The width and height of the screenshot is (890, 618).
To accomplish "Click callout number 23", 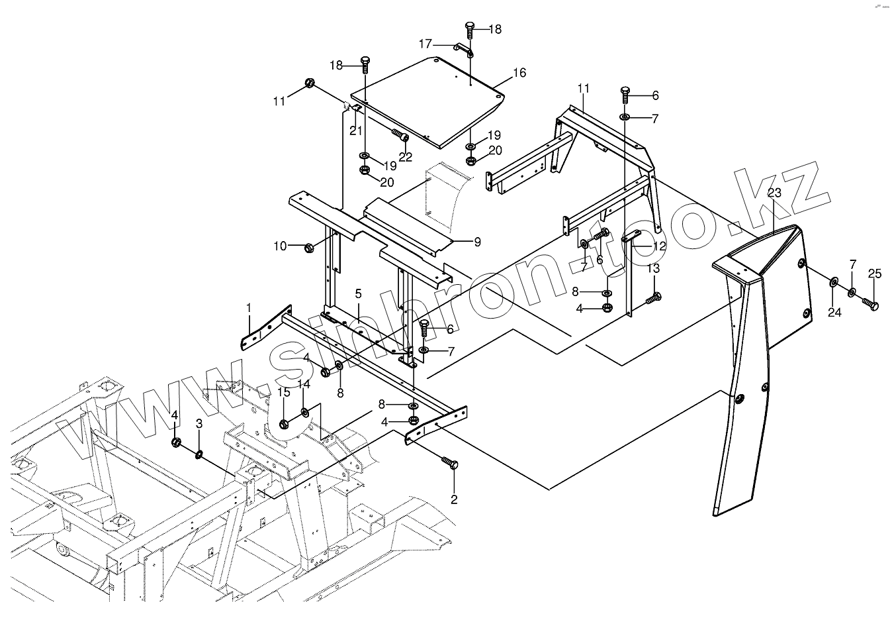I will (x=774, y=193).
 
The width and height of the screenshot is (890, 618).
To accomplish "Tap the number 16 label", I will (x=519, y=72).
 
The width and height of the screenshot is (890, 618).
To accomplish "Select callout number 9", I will (x=477, y=242).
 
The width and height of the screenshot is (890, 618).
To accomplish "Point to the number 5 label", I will (x=358, y=293).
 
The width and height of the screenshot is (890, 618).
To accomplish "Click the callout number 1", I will (x=249, y=307).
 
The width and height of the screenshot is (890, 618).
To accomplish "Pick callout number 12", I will (x=659, y=246).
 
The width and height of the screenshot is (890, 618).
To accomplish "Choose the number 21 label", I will (x=356, y=130).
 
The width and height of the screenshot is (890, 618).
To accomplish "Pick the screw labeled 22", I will (x=400, y=136).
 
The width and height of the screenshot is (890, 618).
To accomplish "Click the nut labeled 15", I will (x=284, y=424).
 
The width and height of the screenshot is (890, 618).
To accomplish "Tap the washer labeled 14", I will (x=304, y=413).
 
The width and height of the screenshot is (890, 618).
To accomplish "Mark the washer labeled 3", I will (x=198, y=454).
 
